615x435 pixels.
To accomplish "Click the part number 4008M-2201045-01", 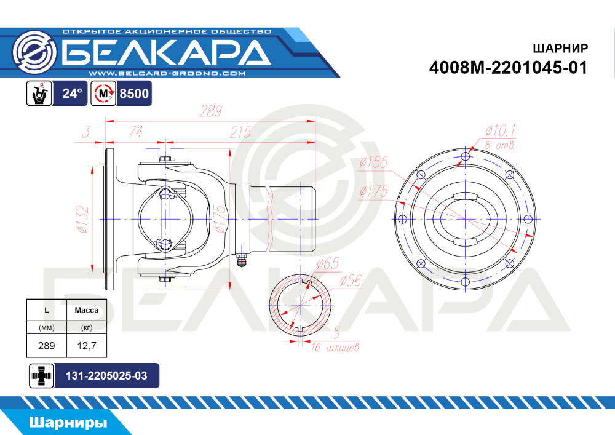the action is point(509,68).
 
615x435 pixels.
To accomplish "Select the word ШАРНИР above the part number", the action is point(560,48).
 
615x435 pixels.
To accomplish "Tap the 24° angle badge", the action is point(73,94).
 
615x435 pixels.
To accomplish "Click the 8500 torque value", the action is point(133,94).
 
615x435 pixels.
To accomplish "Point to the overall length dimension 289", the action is point(210,111).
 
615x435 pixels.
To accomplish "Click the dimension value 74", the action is point(135,132).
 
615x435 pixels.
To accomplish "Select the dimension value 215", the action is point(240,132).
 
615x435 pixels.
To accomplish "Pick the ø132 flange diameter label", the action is point(83,219).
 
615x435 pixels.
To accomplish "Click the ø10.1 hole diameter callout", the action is point(500,130).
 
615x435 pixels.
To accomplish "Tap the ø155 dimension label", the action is point(373,162).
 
